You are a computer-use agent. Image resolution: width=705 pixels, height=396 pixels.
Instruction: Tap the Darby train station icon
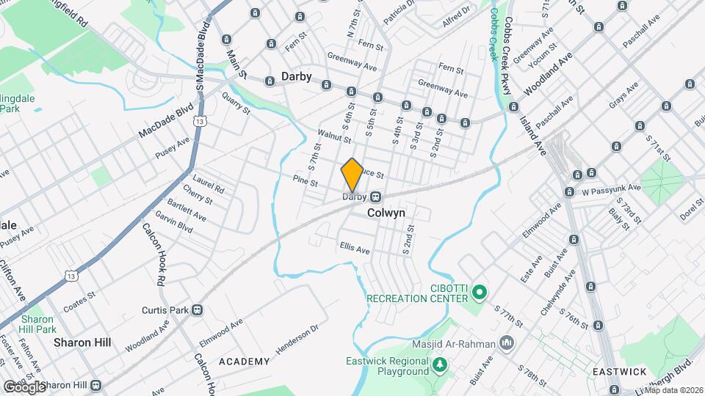point(375,197)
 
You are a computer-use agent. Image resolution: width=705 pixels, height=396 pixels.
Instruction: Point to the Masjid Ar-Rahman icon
point(506,342)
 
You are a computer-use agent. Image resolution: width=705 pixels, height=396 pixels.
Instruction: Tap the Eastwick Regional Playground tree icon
point(439,364)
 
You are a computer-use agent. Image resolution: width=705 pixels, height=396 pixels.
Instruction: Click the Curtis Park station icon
point(197,310)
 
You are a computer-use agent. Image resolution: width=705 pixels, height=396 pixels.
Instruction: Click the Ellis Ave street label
point(355,249)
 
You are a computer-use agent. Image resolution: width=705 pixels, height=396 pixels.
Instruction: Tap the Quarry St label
point(236,108)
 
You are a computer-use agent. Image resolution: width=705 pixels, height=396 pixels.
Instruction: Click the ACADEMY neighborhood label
point(245,362)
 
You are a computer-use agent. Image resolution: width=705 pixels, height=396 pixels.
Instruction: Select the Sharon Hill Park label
point(37,324)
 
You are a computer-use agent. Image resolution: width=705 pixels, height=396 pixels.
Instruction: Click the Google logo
point(23,386)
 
